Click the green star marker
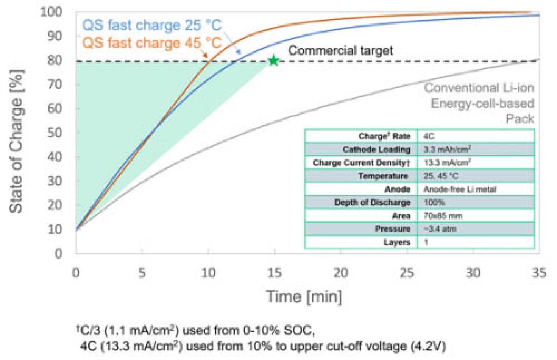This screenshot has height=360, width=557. click(274, 60)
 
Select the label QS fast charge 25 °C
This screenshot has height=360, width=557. click(152, 24)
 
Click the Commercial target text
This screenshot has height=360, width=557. click(341, 50)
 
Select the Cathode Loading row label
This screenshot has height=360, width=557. click(376, 150)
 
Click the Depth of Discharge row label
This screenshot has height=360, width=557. click(372, 203)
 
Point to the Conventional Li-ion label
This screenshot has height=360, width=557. click(479, 88)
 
